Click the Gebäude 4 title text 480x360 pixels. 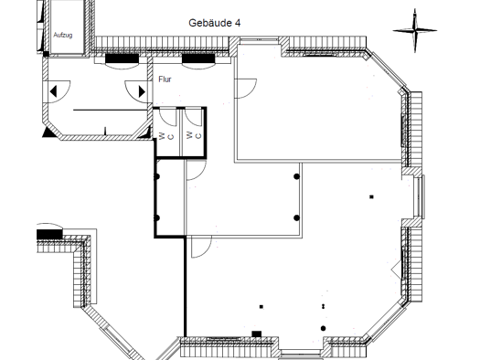coord(214,23)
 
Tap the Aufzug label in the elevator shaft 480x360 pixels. coord(63,35)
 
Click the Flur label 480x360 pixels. coord(165,79)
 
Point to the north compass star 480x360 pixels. coord(415,30)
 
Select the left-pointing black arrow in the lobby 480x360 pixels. coord(53,91)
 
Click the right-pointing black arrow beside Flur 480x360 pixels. coord(142,91)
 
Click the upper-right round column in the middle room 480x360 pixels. coord(296,176)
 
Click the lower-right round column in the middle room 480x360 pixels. coord(296,217)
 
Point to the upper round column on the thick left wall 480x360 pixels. coord(156,176)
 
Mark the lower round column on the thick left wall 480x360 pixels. coord(156,217)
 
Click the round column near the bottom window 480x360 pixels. coord(324,329)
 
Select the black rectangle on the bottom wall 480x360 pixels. coord(257,334)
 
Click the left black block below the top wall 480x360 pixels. coord(122,58)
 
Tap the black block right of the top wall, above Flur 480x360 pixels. coord(198,58)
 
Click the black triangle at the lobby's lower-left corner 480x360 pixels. coord(48,133)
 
